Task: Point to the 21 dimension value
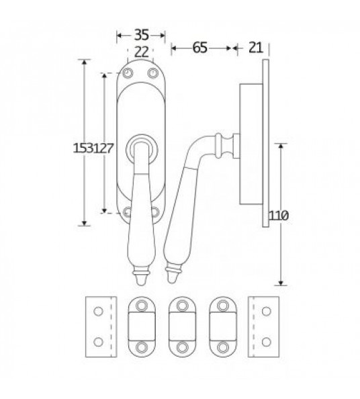pos(255,47)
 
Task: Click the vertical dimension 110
pos(278,216)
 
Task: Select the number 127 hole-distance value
pos(102,149)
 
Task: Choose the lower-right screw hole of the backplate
pos(153,214)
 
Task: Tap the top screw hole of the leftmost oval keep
pos(142,306)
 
